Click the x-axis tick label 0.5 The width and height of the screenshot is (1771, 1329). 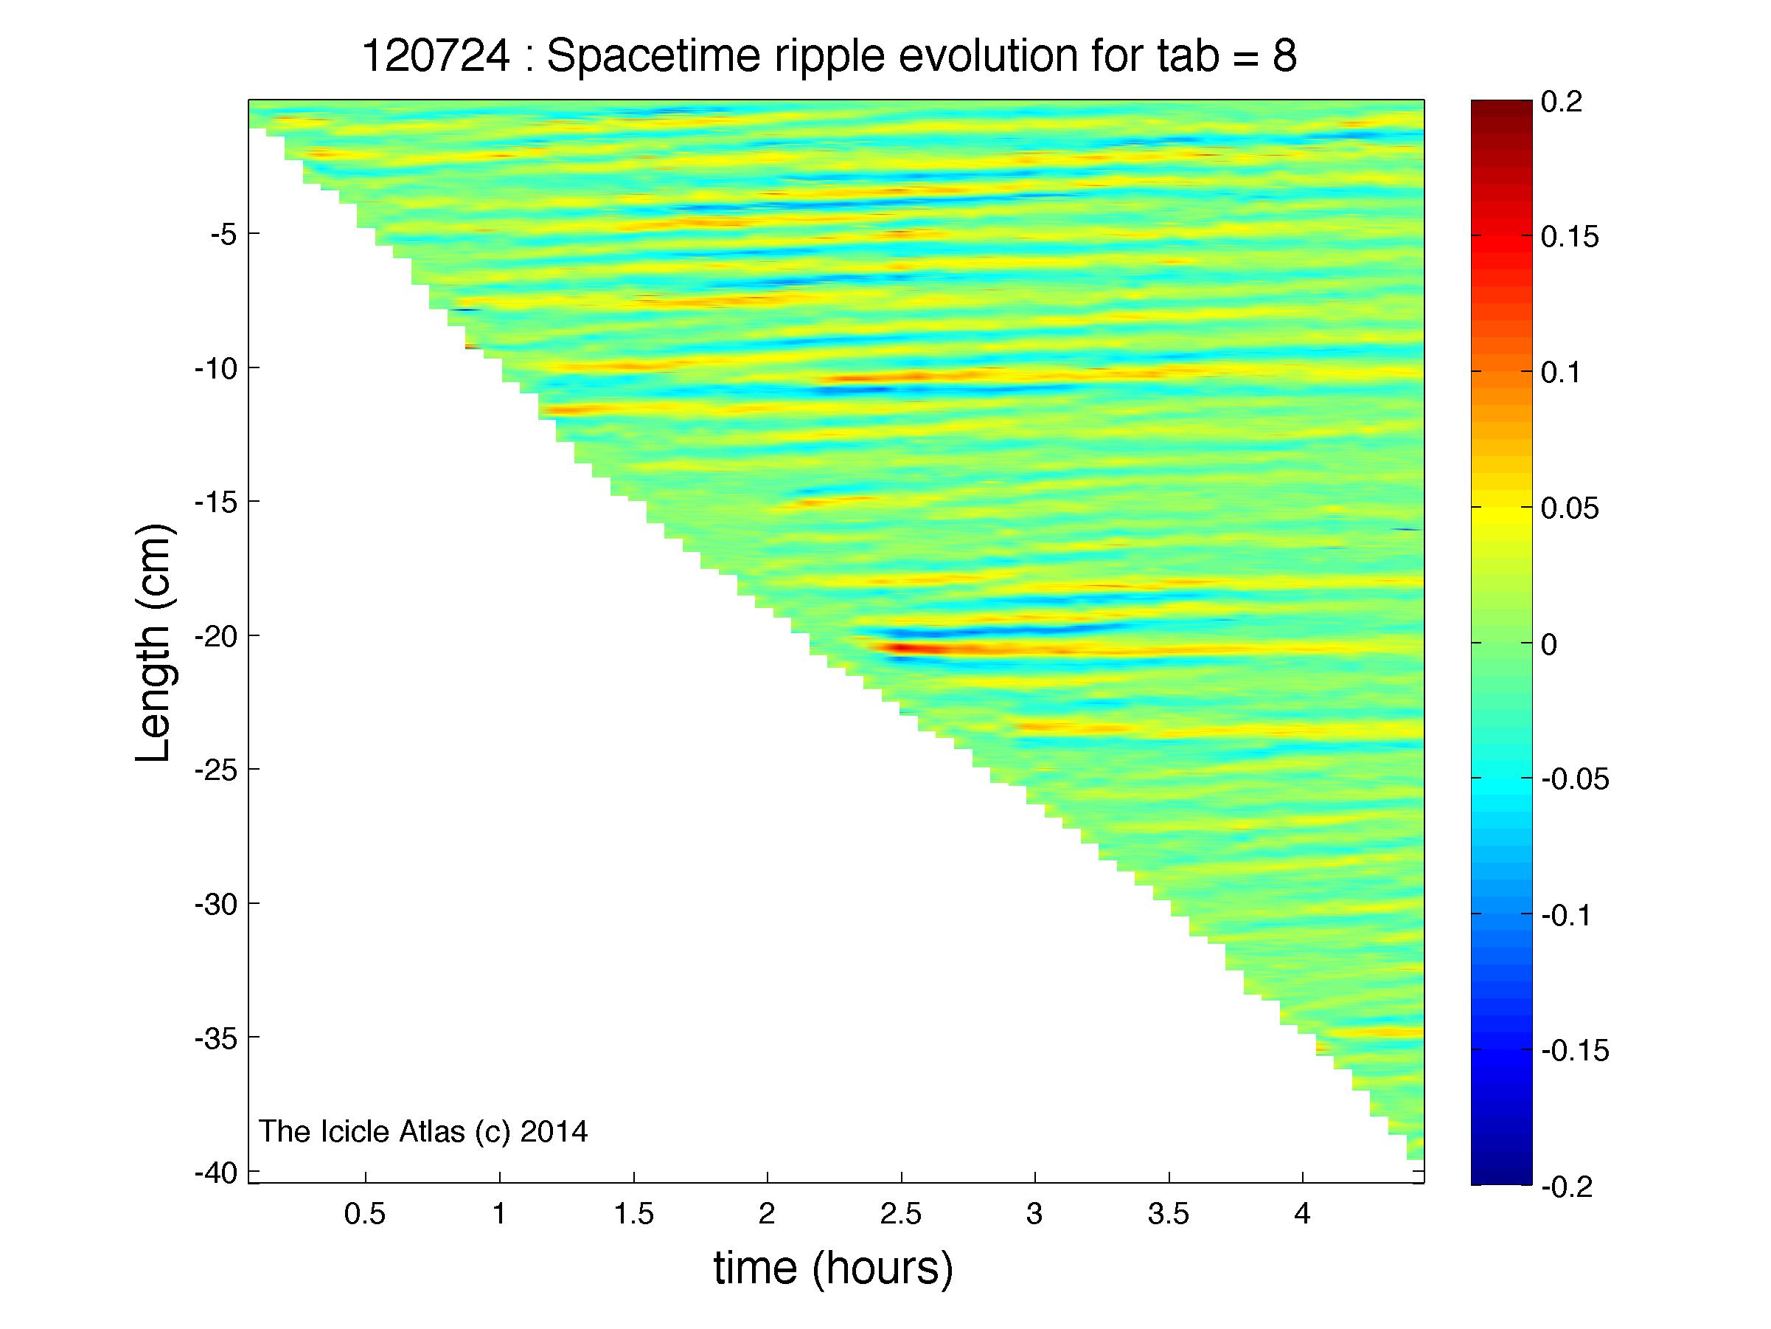(x=365, y=1215)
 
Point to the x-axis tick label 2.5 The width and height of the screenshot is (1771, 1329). (x=901, y=1215)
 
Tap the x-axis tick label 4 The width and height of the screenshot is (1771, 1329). (x=1303, y=1215)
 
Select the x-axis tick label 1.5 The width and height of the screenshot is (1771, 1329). (x=633, y=1215)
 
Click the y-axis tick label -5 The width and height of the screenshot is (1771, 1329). (x=223, y=235)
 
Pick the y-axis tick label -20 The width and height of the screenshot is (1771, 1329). (x=216, y=637)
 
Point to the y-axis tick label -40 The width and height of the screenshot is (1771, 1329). (x=216, y=1173)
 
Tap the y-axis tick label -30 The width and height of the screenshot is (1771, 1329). (x=216, y=905)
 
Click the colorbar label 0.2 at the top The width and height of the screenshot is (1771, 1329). (x=1561, y=103)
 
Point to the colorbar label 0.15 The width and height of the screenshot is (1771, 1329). (x=1569, y=238)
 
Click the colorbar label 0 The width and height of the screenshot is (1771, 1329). (x=1548, y=645)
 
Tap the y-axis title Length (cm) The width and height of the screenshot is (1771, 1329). (x=153, y=643)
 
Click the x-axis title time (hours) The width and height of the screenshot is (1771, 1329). (x=833, y=1268)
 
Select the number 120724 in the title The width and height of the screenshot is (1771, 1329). (x=436, y=56)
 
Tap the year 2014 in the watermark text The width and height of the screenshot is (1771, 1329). (x=553, y=1131)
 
